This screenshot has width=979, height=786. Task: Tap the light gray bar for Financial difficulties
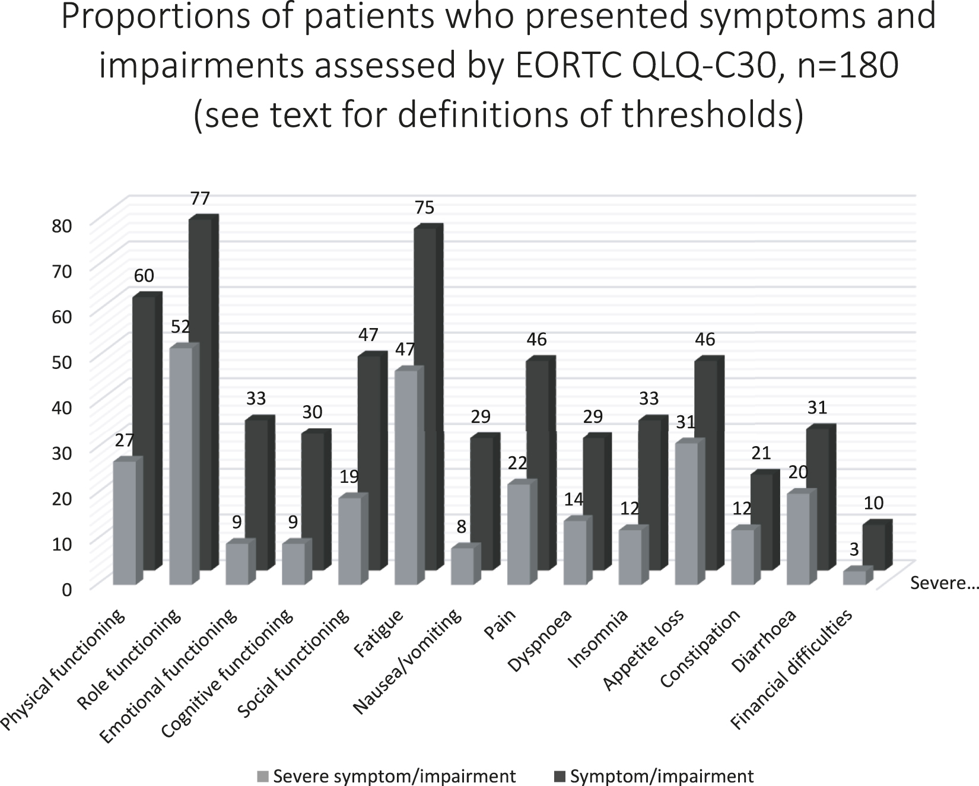(x=854, y=578)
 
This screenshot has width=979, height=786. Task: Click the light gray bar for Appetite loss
(x=686, y=513)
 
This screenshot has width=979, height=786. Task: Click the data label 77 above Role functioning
(x=200, y=198)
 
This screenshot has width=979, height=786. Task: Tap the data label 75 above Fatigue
(x=424, y=208)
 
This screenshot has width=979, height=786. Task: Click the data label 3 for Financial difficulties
(x=854, y=550)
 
